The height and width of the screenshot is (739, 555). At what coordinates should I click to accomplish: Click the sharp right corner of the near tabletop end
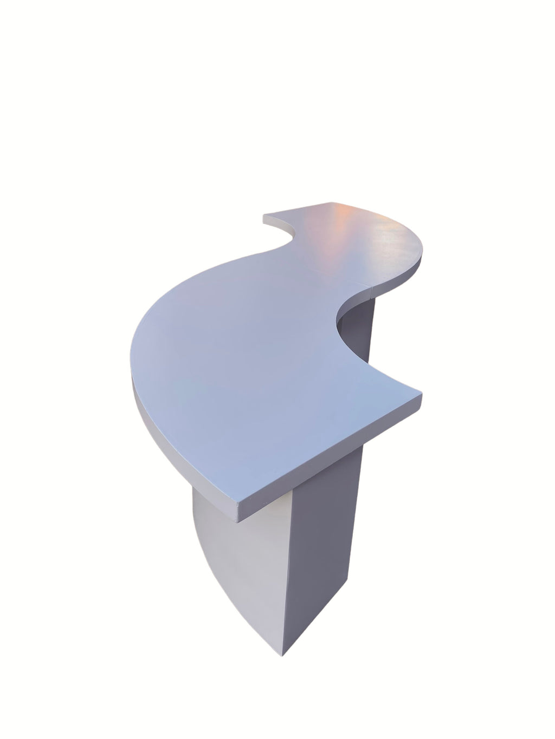tap(422, 391)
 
